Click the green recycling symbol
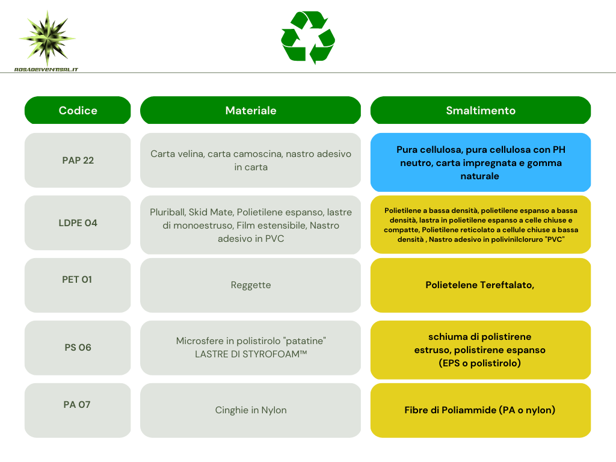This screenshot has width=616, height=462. [x=308, y=37]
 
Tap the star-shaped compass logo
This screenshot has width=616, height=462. [x=47, y=38]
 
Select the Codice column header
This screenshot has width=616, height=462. [x=78, y=111]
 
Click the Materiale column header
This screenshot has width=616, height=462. [x=251, y=111]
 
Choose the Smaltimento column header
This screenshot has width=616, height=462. [x=481, y=111]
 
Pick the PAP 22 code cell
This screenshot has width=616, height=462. [x=78, y=160]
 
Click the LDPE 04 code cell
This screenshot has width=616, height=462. [x=78, y=223]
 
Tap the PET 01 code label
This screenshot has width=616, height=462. [x=77, y=279]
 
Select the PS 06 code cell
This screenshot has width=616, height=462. [x=78, y=348]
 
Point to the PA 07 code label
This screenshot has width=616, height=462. [x=77, y=405]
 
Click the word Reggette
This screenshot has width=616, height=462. [x=251, y=285]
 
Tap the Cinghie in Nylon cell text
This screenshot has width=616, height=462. [x=251, y=410]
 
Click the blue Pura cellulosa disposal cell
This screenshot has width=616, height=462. [x=481, y=162]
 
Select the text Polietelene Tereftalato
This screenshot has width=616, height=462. [x=479, y=285]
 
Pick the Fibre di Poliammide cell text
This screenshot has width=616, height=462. [x=479, y=410]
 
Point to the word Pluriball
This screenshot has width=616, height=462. [x=167, y=212]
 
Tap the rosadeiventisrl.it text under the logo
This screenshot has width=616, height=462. [x=46, y=70]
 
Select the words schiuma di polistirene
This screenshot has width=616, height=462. [x=479, y=337]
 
